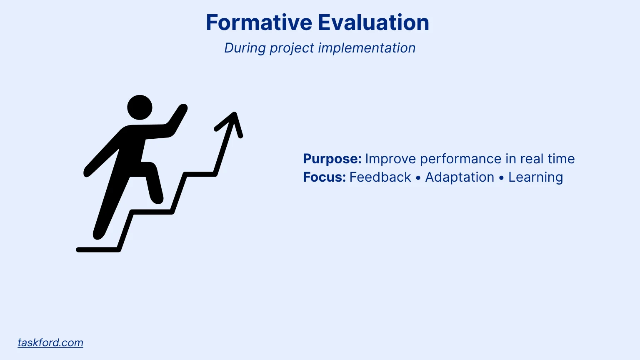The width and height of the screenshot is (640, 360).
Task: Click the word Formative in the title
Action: [x=259, y=22]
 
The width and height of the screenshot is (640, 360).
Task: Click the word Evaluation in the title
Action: [x=373, y=22]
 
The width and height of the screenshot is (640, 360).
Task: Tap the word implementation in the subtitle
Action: [x=367, y=48]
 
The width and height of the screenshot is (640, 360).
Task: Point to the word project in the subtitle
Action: [x=292, y=48]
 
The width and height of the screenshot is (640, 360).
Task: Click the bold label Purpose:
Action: [x=332, y=159]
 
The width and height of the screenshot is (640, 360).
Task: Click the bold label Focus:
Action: [x=324, y=177]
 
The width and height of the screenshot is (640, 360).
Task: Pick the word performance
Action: [x=460, y=159]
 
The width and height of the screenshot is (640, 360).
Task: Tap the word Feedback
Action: [x=380, y=177]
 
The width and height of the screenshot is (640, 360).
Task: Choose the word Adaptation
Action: [x=460, y=177]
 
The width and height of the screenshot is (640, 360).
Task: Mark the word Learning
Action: [x=536, y=177]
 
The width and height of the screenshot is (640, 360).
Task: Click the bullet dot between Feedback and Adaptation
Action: [x=418, y=178]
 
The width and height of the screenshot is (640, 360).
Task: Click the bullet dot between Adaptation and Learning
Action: [x=501, y=178]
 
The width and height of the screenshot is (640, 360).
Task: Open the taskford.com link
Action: [x=50, y=342]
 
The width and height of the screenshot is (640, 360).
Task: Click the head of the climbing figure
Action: [x=140, y=107]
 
